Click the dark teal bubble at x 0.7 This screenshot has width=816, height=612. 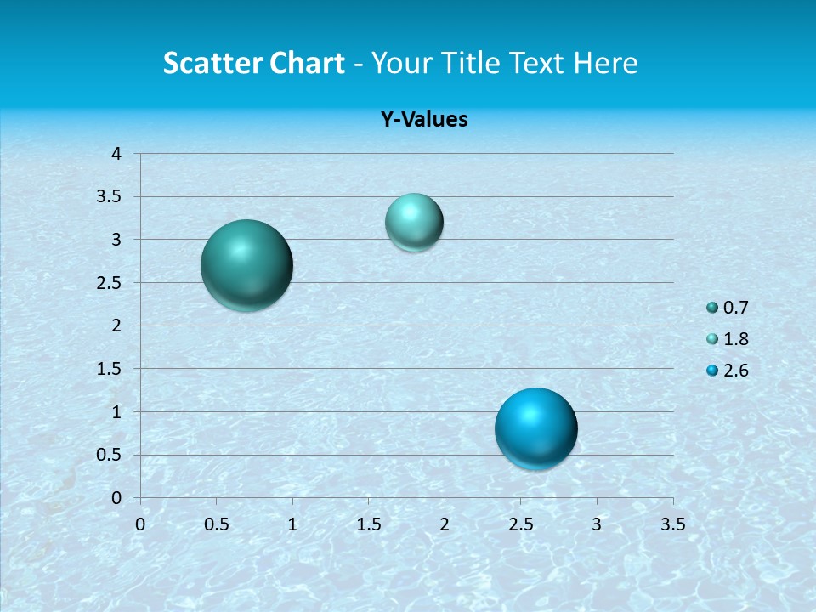[x=247, y=265]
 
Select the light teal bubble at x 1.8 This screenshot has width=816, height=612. [x=414, y=222]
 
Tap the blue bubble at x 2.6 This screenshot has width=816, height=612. [x=535, y=428]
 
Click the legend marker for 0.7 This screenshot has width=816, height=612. [x=712, y=308]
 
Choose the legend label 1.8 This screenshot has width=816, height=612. [x=736, y=339]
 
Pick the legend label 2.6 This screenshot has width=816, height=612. [x=736, y=371]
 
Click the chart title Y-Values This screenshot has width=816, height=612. [x=424, y=120]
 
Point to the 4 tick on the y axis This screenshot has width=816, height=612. [x=116, y=154]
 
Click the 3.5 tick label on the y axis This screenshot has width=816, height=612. [x=110, y=197]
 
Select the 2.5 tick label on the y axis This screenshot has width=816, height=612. [x=110, y=283]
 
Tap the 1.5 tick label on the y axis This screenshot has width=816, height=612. [x=110, y=369]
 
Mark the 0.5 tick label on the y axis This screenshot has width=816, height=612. [x=110, y=455]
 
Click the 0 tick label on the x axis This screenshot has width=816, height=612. [x=140, y=524]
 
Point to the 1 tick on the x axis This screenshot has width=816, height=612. [x=292, y=524]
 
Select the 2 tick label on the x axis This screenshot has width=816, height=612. [x=445, y=524]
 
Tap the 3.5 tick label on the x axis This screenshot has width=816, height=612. [x=672, y=524]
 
